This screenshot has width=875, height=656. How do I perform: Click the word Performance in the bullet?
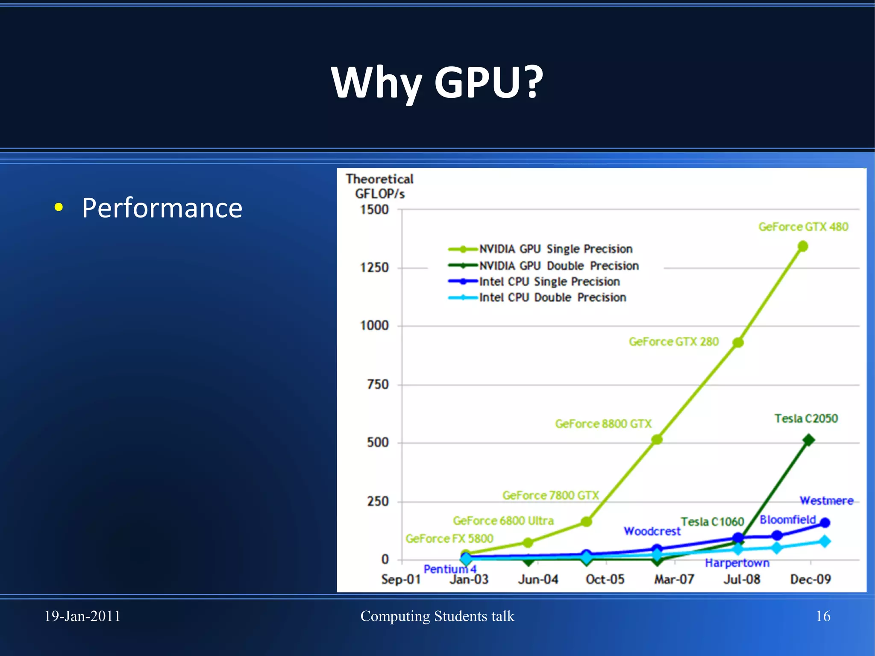click(162, 208)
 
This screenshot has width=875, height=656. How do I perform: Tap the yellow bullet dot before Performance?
click(59, 208)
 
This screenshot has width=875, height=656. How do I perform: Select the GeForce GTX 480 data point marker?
click(803, 246)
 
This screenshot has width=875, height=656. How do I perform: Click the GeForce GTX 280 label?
click(673, 342)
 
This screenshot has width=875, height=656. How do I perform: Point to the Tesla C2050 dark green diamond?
click(808, 440)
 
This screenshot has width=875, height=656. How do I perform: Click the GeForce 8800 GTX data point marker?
click(657, 439)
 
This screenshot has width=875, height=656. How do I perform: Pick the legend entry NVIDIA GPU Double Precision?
click(558, 266)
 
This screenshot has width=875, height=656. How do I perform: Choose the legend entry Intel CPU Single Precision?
click(549, 282)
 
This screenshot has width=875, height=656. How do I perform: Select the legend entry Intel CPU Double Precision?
click(552, 297)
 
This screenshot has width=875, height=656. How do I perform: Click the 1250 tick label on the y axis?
click(374, 268)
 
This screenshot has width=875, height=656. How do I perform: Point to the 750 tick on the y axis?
click(378, 385)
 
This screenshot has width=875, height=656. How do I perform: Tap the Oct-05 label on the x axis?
click(605, 580)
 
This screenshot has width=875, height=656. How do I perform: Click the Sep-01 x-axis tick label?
click(401, 580)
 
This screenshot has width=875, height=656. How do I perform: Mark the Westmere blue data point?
click(825, 523)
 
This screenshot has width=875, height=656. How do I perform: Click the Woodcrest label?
click(652, 531)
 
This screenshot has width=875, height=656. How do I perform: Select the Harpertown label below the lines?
click(737, 563)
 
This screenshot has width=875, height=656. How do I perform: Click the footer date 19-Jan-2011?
click(82, 616)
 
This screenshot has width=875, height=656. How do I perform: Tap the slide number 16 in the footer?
click(823, 616)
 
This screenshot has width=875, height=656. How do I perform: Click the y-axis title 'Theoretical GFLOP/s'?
click(379, 186)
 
